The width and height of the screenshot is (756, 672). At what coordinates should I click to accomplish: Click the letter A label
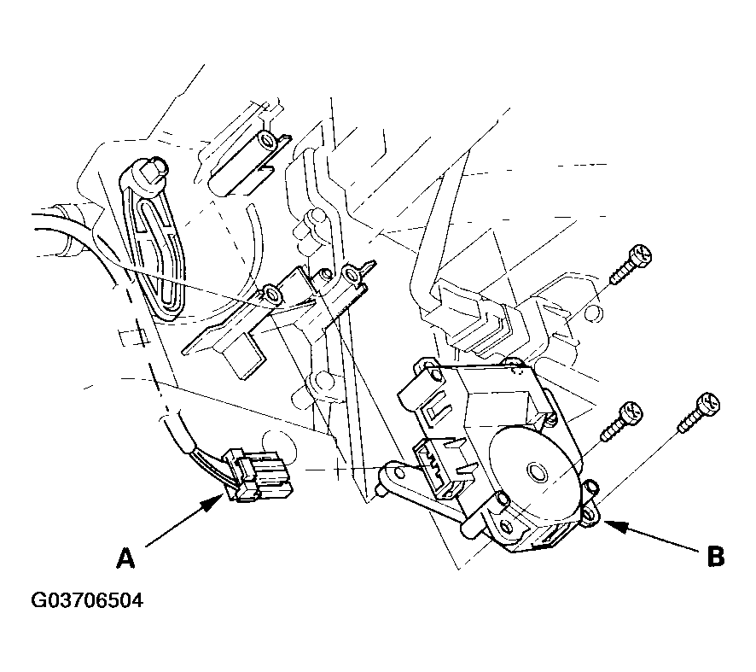(125, 558)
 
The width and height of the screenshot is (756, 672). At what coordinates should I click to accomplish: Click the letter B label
(716, 557)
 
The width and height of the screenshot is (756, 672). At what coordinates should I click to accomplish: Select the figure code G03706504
(87, 601)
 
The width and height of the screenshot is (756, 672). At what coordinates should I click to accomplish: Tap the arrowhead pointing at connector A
(212, 502)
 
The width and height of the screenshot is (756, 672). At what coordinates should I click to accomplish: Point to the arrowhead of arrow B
(614, 526)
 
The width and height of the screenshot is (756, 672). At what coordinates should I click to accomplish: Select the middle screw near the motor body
(622, 421)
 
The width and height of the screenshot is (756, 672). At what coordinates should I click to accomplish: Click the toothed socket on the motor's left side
(435, 468)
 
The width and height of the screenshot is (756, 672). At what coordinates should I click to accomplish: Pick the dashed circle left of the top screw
(594, 313)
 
